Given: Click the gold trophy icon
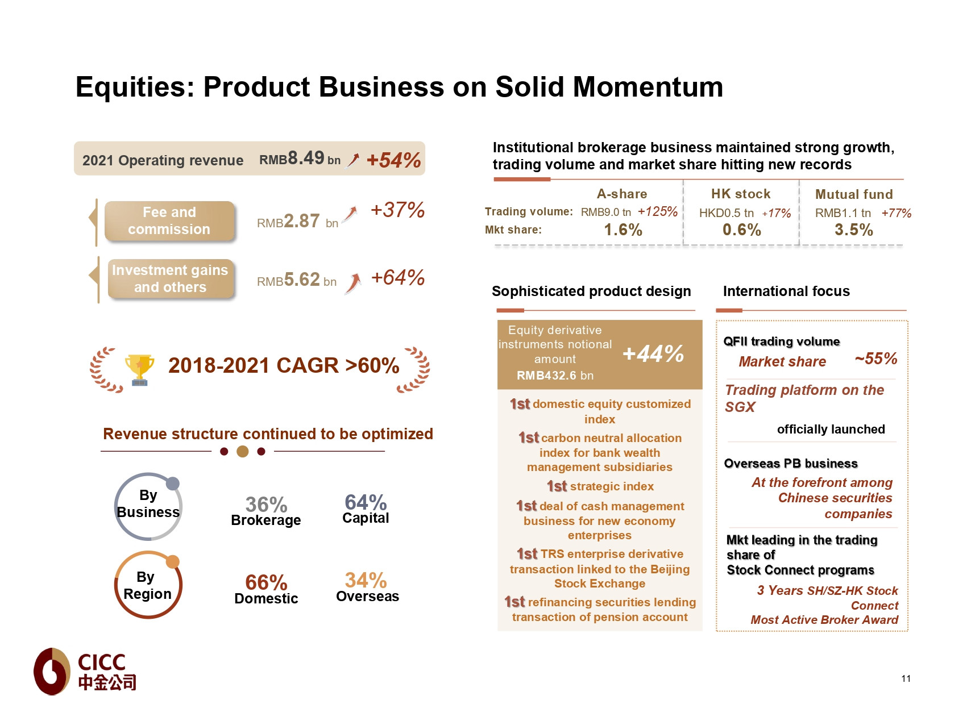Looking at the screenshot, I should point(139,369).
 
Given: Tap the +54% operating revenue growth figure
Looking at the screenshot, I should point(393,160).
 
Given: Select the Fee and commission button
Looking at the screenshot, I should point(169,221).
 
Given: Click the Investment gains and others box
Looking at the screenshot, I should point(170,279).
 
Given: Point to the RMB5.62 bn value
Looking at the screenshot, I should point(296,280).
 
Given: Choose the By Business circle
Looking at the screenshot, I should point(148,505).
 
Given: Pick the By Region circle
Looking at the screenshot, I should point(148,585).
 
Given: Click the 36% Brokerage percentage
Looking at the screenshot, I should point(266,505).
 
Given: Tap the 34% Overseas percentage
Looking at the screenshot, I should point(366,580).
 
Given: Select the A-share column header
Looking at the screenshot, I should point(621,194).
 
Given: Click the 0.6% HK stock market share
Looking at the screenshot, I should point(741,230).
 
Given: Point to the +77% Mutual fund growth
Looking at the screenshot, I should point(896,213).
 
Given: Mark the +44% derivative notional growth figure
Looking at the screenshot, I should point(653,354).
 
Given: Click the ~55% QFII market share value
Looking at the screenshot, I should point(875,359).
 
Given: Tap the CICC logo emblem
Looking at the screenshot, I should point(52,671).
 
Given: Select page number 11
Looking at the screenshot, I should point(906,678).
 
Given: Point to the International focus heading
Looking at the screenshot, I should point(786,291).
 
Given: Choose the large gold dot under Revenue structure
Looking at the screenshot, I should point(243,452).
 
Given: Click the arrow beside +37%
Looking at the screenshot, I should point(351,214).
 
